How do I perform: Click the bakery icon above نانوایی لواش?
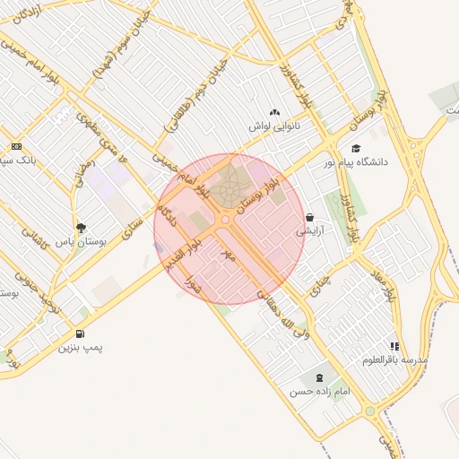click(x=274, y=112)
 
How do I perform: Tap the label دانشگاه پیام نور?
click(x=385, y=162)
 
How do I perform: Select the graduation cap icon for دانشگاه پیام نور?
click(x=356, y=148)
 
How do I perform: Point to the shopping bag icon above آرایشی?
click(x=309, y=217)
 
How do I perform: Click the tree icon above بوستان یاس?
click(x=82, y=228)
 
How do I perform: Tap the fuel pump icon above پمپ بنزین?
click(x=82, y=333)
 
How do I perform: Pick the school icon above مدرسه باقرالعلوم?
click(x=394, y=345)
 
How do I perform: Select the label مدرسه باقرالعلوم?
click(x=395, y=359)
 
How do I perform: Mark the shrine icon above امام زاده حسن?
click(x=319, y=377)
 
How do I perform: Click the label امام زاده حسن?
click(x=313, y=392)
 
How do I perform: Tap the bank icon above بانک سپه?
click(x=16, y=146)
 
